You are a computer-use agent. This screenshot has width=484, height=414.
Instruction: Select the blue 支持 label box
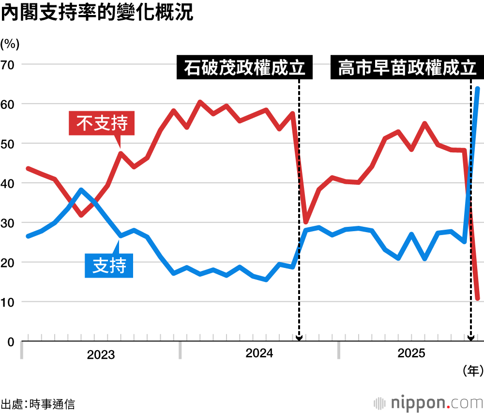click(109, 266)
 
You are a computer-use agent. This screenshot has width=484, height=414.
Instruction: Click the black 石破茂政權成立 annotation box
click(244, 68)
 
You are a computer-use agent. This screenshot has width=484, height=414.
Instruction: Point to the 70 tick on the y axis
click(8, 64)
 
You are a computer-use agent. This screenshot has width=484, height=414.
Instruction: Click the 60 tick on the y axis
click(8, 104)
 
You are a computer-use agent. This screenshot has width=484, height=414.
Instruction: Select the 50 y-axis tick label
click(8, 144)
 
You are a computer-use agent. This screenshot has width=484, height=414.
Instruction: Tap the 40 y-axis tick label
click(8, 183)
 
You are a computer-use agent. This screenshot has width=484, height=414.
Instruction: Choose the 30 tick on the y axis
click(8, 223)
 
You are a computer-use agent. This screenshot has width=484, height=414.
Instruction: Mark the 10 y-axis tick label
click(8, 302)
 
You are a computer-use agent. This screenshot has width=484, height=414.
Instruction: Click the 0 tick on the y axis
click(11, 342)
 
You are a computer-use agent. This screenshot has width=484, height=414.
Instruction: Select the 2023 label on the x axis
click(101, 355)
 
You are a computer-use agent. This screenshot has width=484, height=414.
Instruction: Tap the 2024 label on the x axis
click(259, 354)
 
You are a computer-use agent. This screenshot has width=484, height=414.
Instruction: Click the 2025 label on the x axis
click(411, 354)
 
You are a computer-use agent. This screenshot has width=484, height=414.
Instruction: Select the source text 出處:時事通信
click(38, 404)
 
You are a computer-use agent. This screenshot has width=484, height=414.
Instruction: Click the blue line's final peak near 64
click(477, 89)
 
